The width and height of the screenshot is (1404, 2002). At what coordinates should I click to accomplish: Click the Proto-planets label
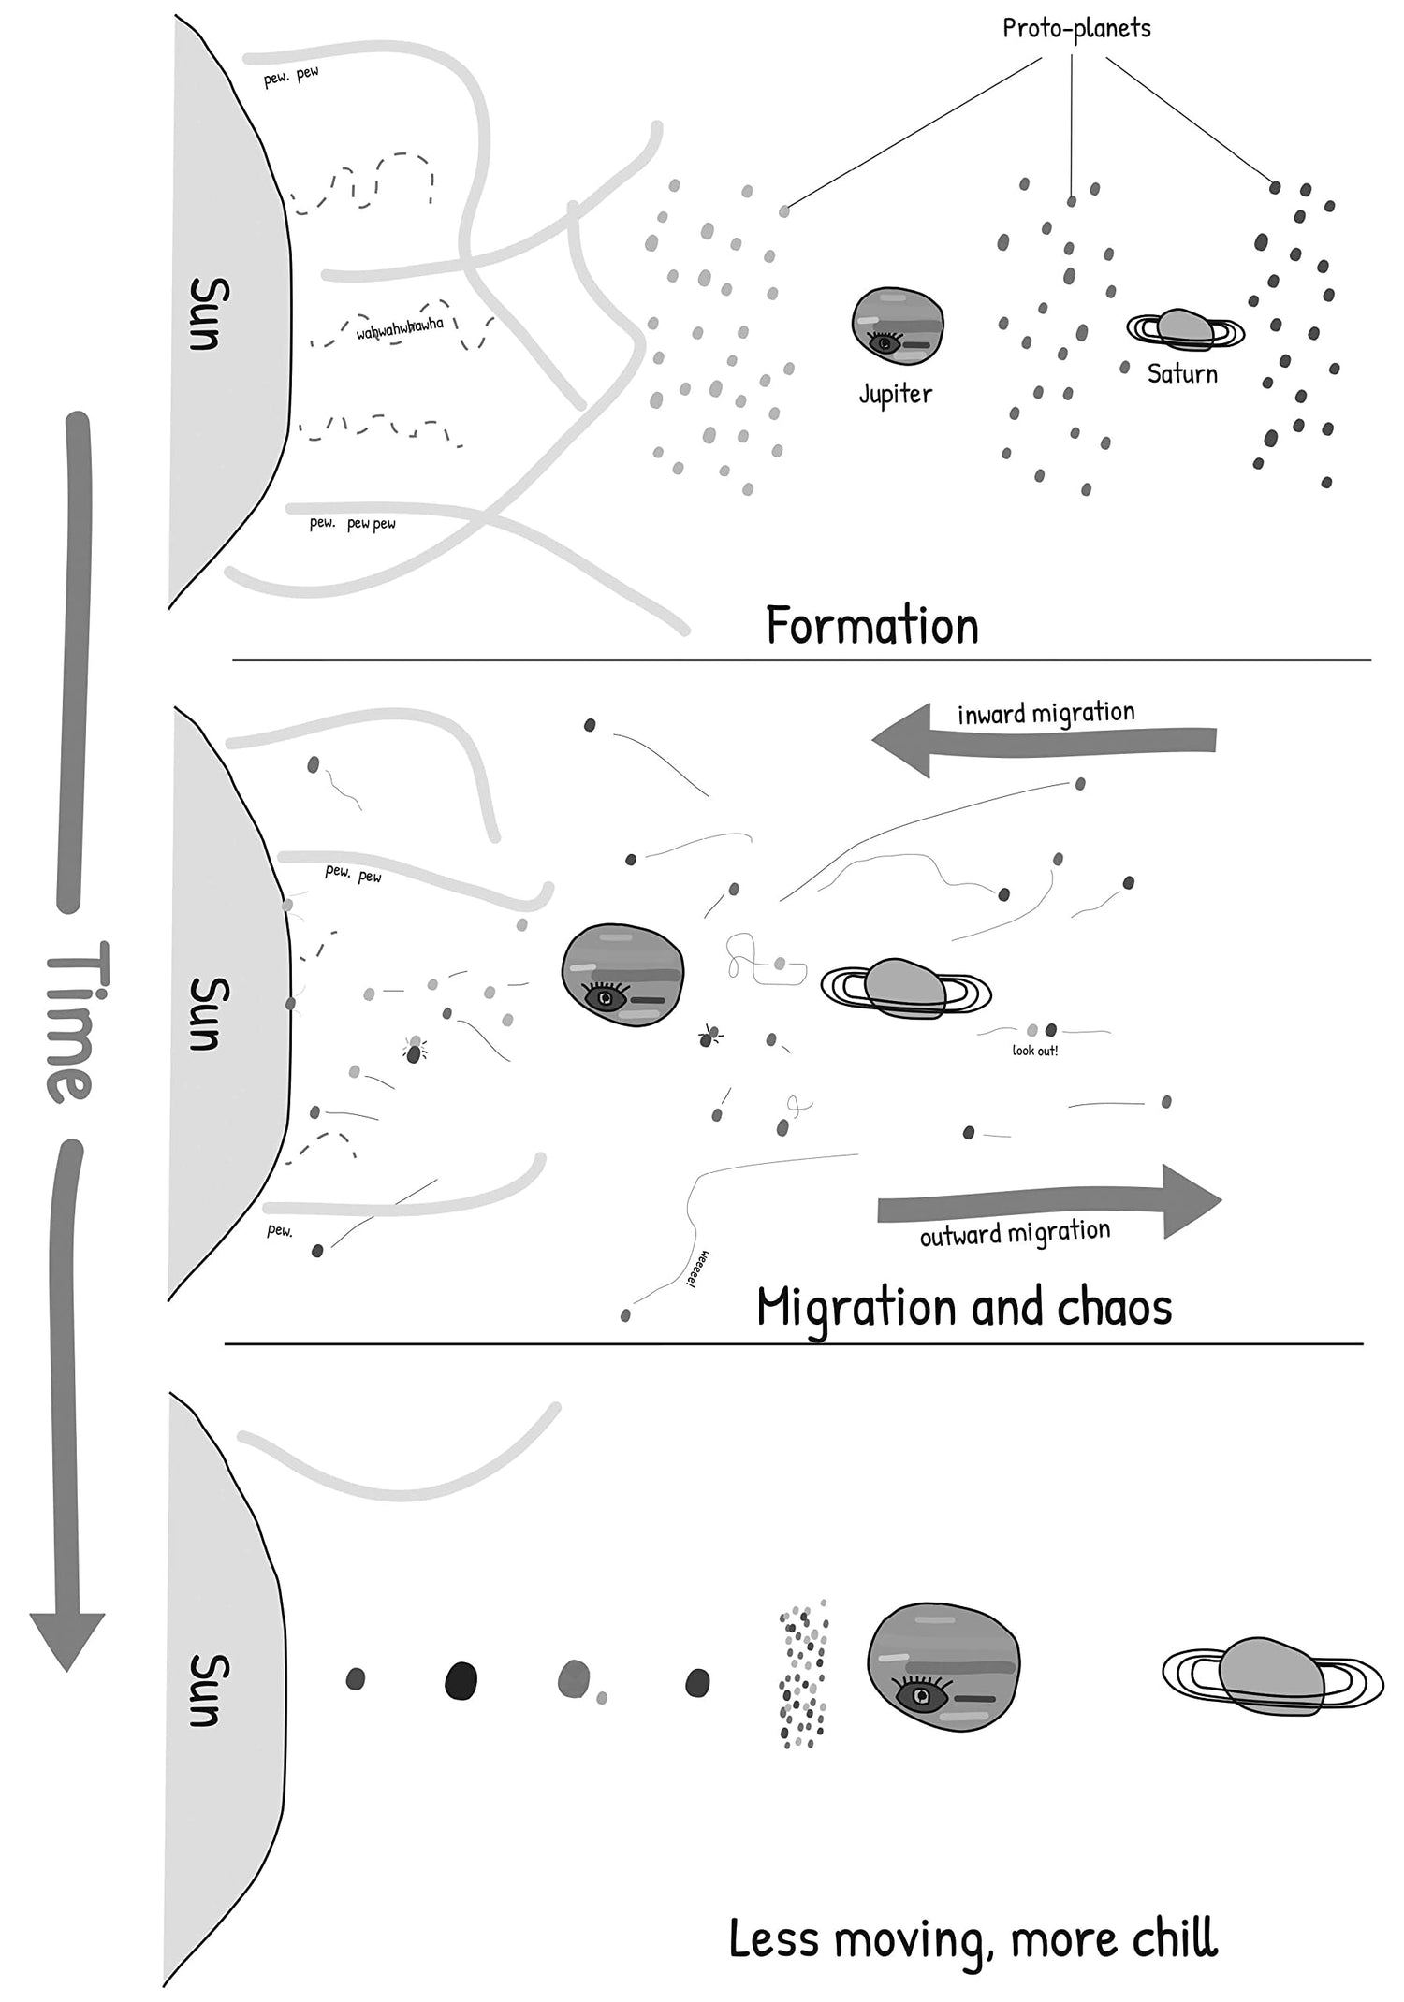pos(1076,28)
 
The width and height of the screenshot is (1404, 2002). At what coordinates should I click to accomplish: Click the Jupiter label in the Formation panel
pos(896,394)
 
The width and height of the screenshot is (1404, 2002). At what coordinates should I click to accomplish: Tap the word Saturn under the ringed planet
pos(1182,374)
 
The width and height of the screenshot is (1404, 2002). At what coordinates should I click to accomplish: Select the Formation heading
pos(871,625)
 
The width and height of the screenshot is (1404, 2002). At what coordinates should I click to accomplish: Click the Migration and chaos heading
pos(964,1306)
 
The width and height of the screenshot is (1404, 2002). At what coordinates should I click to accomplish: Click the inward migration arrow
pos(1044,739)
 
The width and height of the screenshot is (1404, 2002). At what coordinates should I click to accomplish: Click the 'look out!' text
pos(1035,1051)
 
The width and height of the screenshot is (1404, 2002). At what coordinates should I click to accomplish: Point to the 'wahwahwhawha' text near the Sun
pos(400,328)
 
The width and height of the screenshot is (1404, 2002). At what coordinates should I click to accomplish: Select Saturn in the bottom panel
pos(1271,1676)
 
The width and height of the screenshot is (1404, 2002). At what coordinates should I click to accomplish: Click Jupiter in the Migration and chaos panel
pos(622,975)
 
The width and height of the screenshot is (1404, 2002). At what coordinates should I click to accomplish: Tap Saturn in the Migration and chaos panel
pos(904,988)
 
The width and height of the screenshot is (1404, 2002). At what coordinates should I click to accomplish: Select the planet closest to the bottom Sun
pos(355,1679)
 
